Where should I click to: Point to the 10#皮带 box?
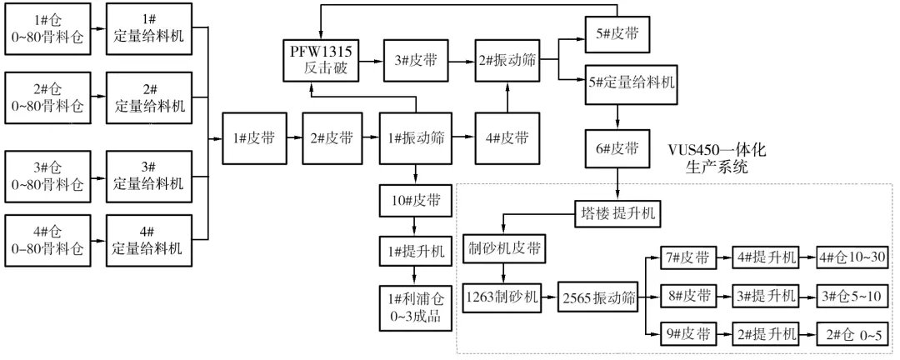coord(413,201)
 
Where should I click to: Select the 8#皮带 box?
coord(687,296)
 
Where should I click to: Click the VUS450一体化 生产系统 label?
coord(715,158)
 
